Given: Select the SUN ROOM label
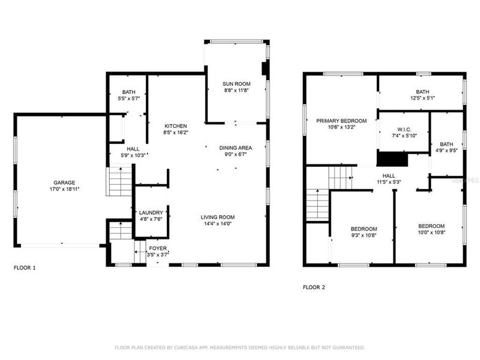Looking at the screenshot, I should [236, 83].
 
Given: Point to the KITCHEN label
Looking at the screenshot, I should [176, 126].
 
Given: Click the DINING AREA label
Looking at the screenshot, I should [235, 148].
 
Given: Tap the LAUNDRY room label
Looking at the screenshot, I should [151, 212].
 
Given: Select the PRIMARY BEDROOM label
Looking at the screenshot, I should [340, 121].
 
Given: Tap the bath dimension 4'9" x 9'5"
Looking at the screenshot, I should [446, 151].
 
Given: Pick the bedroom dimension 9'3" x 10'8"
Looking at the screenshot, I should [364, 235].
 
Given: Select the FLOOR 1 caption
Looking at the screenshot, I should [25, 268].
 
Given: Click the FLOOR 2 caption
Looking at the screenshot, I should [314, 287].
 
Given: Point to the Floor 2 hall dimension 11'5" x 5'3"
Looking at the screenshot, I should [388, 182].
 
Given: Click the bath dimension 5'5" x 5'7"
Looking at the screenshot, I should [129, 98].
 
